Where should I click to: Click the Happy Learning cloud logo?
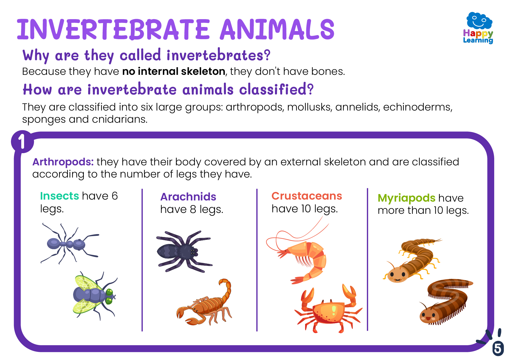[478, 28]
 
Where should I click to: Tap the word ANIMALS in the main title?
[277, 29]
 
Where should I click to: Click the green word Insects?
[59, 196]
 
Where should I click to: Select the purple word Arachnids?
[188, 197]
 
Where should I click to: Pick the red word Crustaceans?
[307, 196]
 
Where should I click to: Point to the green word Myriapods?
[406, 198]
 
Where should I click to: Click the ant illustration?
[70, 243]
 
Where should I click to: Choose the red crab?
[329, 309]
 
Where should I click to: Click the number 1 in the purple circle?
[22, 142]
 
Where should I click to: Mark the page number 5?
[498, 348]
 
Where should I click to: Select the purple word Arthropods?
[63, 162]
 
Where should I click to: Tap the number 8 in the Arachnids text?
[193, 209]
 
